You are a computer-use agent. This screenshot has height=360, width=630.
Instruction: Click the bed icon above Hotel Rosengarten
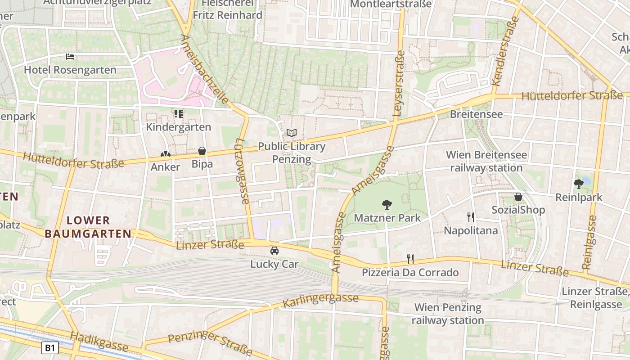(x=70, y=57)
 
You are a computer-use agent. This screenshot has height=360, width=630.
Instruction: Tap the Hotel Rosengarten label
(x=70, y=70)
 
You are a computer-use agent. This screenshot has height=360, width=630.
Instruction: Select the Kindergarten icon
(x=179, y=114)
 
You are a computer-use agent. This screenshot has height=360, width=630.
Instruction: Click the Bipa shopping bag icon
(x=202, y=151)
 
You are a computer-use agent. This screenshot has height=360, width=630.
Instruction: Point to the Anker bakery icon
(x=166, y=154)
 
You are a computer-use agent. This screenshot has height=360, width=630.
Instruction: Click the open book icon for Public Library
(x=292, y=133)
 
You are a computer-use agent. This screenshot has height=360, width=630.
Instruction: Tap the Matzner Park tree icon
(x=387, y=205)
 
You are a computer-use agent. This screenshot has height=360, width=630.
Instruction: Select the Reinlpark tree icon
(x=579, y=184)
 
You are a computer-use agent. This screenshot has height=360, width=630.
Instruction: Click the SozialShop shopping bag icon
(x=518, y=197)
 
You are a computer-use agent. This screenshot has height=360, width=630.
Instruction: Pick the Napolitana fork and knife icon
(x=471, y=217)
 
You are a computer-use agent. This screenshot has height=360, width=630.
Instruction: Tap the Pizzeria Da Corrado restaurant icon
(x=410, y=259)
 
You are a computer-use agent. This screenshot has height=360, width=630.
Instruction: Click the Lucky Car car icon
(x=274, y=251)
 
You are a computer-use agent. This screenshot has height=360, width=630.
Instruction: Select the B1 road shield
(x=50, y=347)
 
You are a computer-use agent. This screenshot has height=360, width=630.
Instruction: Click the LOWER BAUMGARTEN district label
(x=88, y=227)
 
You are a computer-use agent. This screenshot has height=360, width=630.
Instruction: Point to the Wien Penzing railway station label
(x=448, y=314)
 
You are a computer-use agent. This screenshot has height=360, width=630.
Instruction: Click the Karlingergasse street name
(x=320, y=301)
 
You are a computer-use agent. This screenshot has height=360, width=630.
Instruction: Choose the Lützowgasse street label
(x=241, y=171)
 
